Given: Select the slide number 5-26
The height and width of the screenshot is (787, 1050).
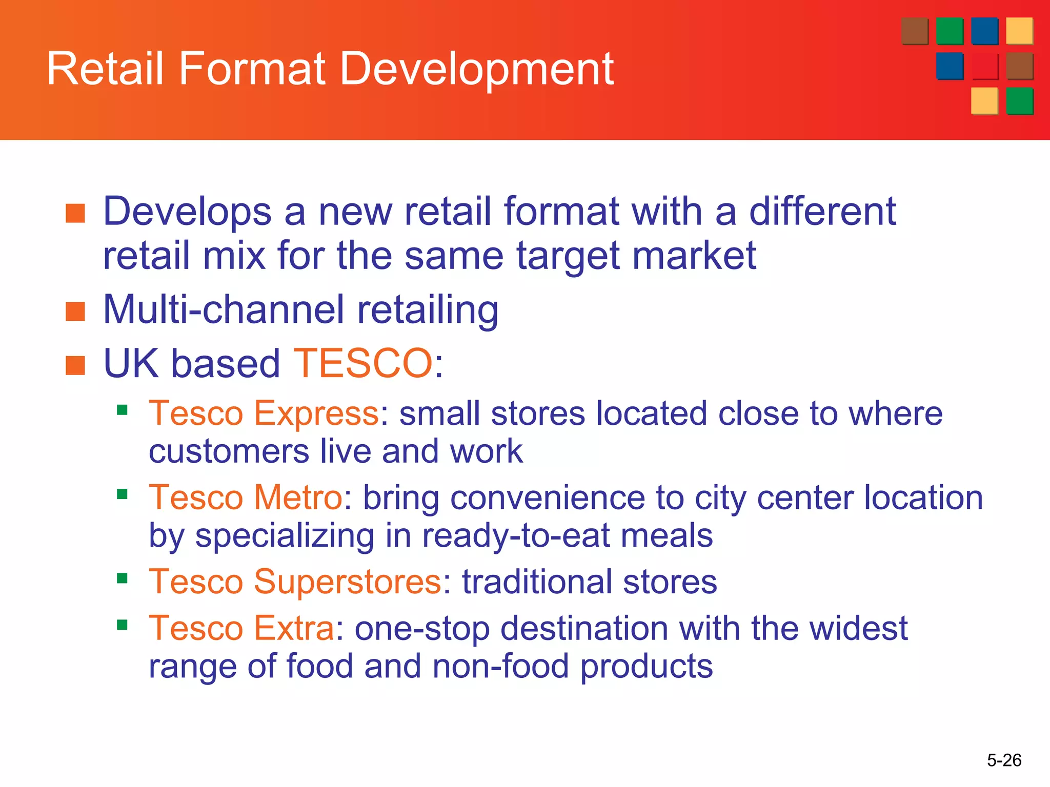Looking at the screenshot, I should point(1004,760).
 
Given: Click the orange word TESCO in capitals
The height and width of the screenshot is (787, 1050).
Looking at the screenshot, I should point(364,363).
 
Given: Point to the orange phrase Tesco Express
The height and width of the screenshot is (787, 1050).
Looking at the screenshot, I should point(264,413).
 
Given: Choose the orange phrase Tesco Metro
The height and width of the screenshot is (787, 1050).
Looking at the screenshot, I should point(246,498).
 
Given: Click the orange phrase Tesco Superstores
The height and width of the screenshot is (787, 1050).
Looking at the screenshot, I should point(295,582).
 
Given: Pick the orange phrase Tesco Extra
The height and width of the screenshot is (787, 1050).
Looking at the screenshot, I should point(241,628).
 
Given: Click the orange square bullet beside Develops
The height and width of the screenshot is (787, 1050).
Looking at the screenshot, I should point(75,213).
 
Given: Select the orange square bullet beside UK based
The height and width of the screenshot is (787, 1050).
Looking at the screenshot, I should point(75,366).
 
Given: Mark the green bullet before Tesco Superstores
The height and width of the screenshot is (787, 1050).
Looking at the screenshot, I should point(122,578).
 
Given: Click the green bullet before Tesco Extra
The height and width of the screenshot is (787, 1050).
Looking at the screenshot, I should point(122,625).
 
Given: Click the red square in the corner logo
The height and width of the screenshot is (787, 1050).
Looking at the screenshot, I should point(984,66).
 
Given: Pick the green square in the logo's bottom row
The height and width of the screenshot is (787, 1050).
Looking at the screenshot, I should point(1019,100).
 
